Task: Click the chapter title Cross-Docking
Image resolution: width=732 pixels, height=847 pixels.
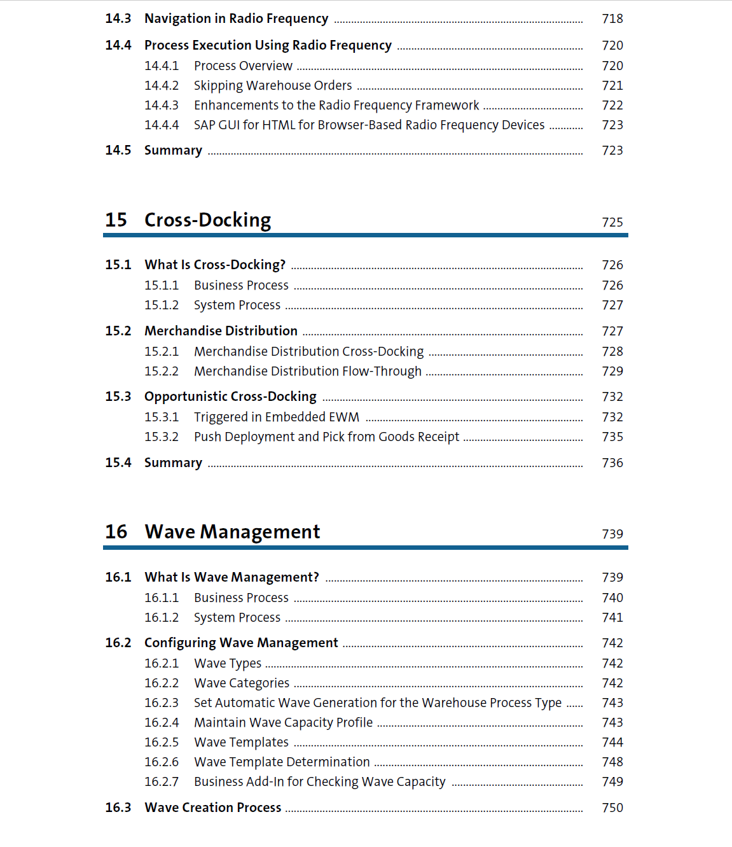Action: coord(207,220)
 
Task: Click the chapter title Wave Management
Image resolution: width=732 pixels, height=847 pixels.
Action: coord(232,532)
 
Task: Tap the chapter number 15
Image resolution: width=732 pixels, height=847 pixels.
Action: coord(116,220)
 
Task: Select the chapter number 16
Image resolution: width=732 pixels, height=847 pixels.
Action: coord(116,532)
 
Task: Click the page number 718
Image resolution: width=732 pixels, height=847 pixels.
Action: coord(612,19)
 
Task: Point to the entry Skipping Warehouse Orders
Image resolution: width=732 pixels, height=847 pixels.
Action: coord(272,86)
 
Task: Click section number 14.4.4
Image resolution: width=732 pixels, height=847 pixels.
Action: coord(162,125)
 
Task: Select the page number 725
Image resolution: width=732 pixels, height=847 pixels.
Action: coord(612,223)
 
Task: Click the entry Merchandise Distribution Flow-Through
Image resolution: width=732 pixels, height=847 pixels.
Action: coord(307,372)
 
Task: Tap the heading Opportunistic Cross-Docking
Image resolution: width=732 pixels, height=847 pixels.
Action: coord(230,397)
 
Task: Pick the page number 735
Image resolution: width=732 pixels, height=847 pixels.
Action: coord(612,437)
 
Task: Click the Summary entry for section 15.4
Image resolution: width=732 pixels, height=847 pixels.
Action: coord(173,463)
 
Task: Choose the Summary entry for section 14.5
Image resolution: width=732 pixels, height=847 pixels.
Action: coord(173,151)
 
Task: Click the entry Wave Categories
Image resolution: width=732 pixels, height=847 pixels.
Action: coord(241,683)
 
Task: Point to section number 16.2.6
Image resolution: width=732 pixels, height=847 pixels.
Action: coord(162,762)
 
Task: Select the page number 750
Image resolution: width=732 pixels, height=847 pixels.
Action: coord(612,808)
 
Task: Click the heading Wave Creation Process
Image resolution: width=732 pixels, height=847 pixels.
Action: coord(212,808)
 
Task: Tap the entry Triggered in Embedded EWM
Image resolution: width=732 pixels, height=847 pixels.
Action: coord(276,417)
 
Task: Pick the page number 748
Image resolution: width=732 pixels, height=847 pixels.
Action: coord(612,762)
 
